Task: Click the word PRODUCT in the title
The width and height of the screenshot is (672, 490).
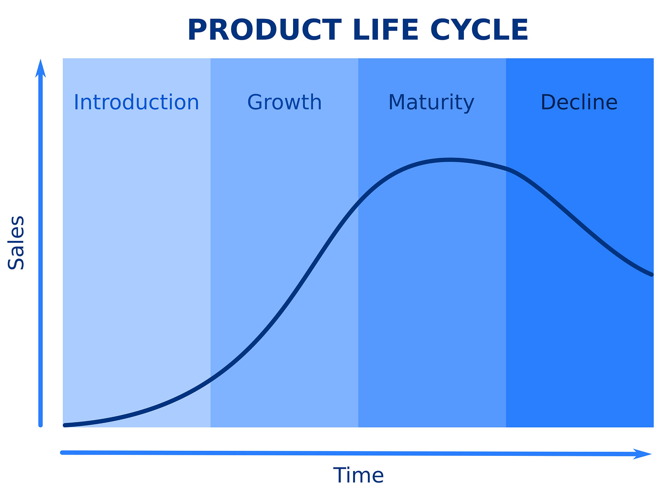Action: pos(264,30)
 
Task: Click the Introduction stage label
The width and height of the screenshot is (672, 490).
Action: pos(136,102)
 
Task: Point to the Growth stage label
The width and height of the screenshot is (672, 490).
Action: pos(284,102)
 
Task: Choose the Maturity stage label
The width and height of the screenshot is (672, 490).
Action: pos(431,102)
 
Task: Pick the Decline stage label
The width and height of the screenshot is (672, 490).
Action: pos(579,102)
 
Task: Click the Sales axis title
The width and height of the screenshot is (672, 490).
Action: pos(16,243)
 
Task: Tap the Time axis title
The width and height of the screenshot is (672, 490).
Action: pos(358,475)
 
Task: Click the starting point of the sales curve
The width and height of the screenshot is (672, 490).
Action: pos(65,425)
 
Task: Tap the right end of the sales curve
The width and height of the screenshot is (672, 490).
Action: pos(652,275)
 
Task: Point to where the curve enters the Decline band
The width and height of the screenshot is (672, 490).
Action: pos(506,168)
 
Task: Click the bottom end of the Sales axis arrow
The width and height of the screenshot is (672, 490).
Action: pos(41,425)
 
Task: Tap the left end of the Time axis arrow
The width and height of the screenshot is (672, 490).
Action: pos(62,453)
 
